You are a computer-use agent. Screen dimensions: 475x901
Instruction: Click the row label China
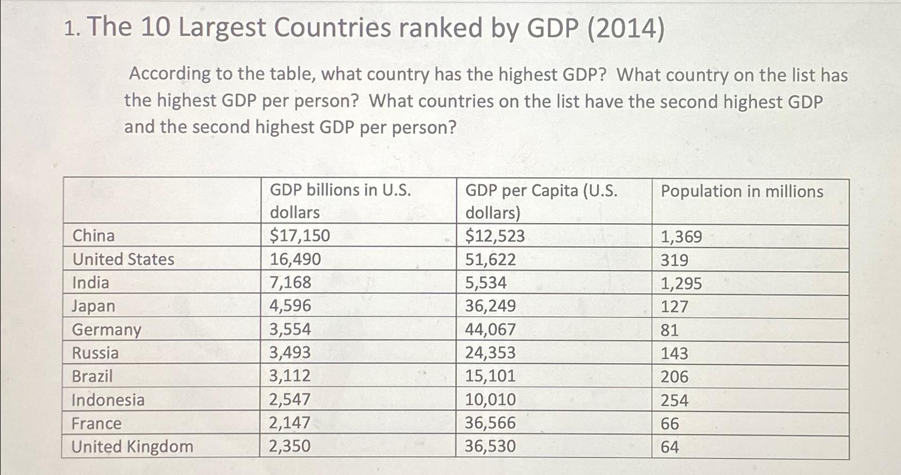coord(93,235)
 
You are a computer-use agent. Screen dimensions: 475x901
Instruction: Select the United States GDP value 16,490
coord(295,259)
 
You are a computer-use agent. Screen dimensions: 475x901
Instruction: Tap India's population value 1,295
coord(681,283)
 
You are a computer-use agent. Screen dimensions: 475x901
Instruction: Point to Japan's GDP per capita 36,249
coord(490,306)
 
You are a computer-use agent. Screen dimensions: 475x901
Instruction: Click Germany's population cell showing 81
coord(669,330)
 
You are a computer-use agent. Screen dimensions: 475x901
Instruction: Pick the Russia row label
coord(95,353)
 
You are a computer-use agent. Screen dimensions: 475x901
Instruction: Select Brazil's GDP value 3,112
coord(290,376)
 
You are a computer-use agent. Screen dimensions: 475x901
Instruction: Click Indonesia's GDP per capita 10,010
coord(490,399)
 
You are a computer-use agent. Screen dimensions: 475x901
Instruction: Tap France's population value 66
coord(670,423)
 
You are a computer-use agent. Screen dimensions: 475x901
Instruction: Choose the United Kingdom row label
coord(132,446)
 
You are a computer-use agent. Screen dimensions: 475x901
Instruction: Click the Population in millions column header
coord(742,192)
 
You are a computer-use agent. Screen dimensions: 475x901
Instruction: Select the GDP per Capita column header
coord(541,201)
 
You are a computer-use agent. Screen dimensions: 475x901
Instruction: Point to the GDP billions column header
coord(340,201)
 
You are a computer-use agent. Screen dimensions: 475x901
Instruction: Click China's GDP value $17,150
coord(300,235)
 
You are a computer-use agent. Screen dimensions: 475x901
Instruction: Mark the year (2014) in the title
coord(626,29)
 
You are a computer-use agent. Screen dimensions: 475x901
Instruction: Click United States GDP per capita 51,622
coord(490,259)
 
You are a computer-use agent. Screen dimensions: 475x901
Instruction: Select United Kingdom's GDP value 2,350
coord(289,446)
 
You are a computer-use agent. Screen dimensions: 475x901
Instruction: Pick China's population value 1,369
coord(681,236)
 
